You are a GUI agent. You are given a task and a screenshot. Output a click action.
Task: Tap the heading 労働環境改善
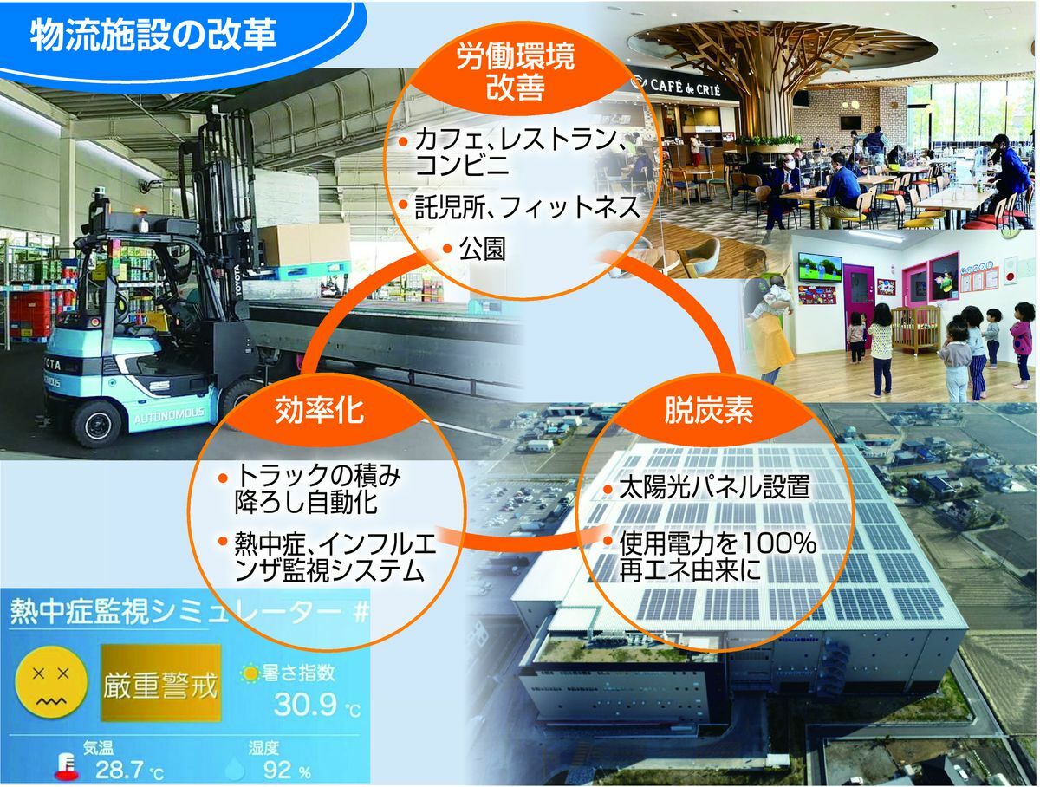[x=515, y=71]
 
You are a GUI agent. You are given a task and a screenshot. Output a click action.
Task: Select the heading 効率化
[x=319, y=410]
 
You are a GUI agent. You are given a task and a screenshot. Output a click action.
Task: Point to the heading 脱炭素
[x=708, y=410]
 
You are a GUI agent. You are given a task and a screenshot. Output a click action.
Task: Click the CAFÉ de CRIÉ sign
[x=686, y=88]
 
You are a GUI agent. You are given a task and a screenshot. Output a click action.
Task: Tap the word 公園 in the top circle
[x=482, y=249]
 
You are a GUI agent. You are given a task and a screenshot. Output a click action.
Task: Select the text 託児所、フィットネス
[x=527, y=207]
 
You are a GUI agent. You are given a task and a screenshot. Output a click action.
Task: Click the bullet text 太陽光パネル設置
[x=714, y=487]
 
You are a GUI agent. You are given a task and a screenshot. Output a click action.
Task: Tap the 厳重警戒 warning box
[x=161, y=683]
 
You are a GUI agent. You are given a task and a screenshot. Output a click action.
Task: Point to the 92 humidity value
[x=277, y=769]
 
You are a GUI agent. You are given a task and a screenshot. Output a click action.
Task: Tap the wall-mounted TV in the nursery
[x=820, y=268]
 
